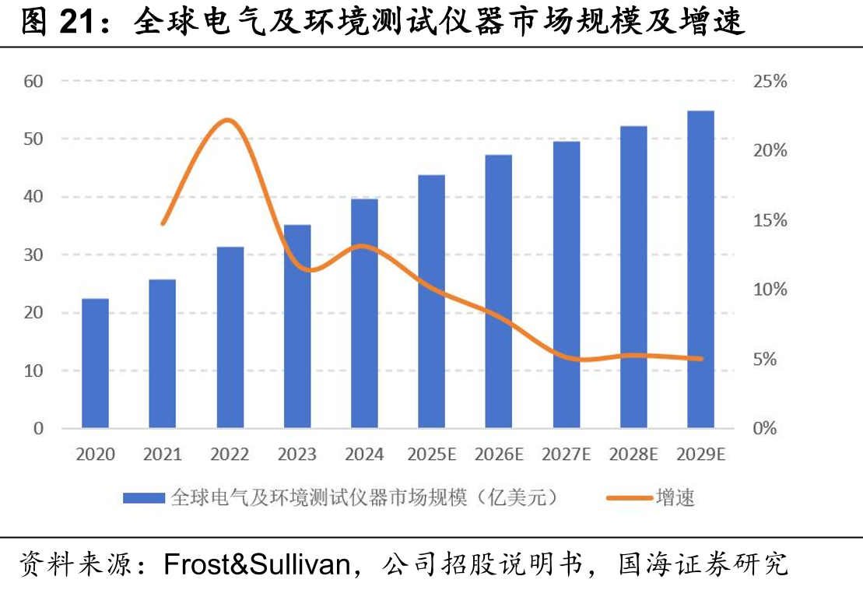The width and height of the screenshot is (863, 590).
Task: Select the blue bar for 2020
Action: [x=95, y=363]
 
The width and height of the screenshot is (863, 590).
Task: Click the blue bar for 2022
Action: [x=230, y=337]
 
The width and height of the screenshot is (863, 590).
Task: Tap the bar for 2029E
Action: [x=700, y=269]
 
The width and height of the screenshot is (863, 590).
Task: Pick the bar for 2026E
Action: [x=499, y=292]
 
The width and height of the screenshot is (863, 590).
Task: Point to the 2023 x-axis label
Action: [x=297, y=455]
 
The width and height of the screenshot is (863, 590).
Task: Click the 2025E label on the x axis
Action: [x=432, y=455]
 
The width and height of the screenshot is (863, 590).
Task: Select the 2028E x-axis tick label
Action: [x=633, y=455]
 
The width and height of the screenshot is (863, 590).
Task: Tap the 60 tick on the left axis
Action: [x=33, y=82]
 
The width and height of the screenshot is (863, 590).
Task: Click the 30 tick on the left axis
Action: [x=33, y=255]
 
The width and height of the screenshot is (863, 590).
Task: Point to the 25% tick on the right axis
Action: [x=770, y=82]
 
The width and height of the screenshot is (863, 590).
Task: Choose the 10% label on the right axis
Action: [x=770, y=290]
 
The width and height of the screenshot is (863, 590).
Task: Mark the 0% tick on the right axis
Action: [x=764, y=428]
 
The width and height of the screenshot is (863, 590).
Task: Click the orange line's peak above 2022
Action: [x=227, y=120]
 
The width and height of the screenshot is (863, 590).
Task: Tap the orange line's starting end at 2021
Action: [x=163, y=223]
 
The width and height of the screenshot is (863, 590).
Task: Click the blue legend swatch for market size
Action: [x=144, y=498]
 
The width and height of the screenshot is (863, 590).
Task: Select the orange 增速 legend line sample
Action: [x=629, y=498]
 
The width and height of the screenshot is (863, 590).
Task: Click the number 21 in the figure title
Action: [x=76, y=22]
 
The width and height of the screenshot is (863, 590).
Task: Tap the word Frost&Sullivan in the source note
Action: [x=257, y=564]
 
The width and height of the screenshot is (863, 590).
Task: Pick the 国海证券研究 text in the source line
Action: [x=703, y=564]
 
